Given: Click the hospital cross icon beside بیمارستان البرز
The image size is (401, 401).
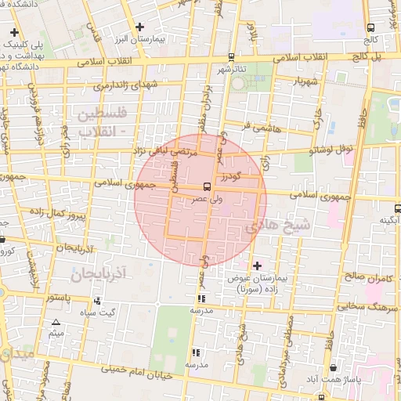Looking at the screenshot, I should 139,27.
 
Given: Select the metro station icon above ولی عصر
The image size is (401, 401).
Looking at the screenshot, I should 206,186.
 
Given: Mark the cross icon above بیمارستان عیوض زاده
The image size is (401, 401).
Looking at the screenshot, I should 257,266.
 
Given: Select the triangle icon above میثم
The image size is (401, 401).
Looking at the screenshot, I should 56,323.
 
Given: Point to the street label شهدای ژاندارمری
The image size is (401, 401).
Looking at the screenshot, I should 124,85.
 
